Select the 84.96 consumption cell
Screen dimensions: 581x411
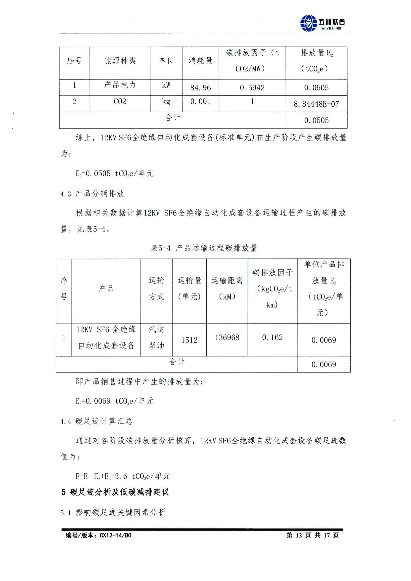tap(200, 87)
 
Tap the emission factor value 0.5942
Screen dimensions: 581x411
tap(252, 87)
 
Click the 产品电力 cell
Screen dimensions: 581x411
tap(120, 85)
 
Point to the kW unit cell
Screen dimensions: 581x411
tap(166, 85)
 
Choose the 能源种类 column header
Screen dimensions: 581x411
tap(120, 60)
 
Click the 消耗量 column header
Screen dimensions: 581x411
tap(200, 61)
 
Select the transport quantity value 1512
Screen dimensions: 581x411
tap(189, 340)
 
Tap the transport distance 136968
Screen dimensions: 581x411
tap(227, 337)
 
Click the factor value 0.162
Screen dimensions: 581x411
tap(272, 337)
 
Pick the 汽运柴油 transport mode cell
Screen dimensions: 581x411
tap(156, 337)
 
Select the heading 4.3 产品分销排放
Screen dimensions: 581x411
tap(92, 194)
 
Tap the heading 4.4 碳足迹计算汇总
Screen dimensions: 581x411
tap(96, 421)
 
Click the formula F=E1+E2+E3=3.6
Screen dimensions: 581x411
tap(123, 476)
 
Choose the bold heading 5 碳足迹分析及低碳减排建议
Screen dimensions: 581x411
tap(115, 492)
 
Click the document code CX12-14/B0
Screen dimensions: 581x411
tap(98, 535)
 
